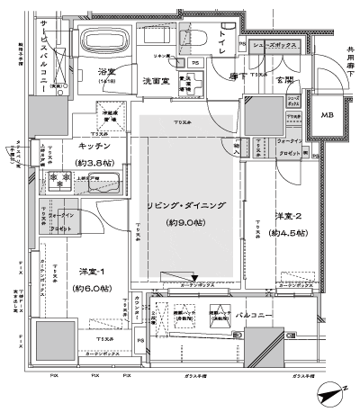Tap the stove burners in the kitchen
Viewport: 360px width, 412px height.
point(59,180)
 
